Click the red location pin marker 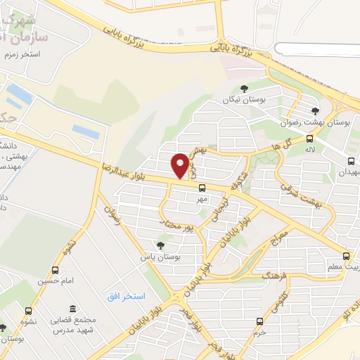point(181,166)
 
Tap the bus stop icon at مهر point(202,188)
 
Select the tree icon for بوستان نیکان point(244,89)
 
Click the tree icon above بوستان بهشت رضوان point(314,110)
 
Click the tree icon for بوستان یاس point(160,245)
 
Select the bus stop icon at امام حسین point(56,270)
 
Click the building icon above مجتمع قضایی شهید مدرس point(73,309)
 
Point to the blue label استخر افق point(127,297)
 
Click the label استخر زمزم point(25,54)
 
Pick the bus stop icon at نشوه point(29,311)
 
